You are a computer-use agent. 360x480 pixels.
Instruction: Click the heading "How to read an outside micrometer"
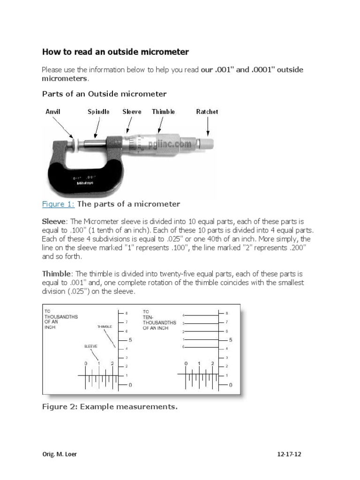click(x=115, y=52)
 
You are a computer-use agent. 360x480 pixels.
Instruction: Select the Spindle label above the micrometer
click(x=98, y=112)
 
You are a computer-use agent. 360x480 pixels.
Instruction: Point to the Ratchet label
click(x=207, y=112)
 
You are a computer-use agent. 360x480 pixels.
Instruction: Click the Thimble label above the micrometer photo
click(x=163, y=112)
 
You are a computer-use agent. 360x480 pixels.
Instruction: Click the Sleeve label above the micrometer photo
click(x=132, y=112)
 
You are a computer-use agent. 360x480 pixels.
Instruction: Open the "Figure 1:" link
click(x=58, y=204)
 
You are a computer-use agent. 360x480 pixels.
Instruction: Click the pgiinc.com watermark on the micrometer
click(x=172, y=144)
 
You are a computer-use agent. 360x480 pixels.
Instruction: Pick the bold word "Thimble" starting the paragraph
click(x=56, y=273)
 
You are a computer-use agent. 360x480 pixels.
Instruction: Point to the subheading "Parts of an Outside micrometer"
click(x=104, y=94)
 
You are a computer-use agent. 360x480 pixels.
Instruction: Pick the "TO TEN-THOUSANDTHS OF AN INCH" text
click(x=159, y=320)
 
